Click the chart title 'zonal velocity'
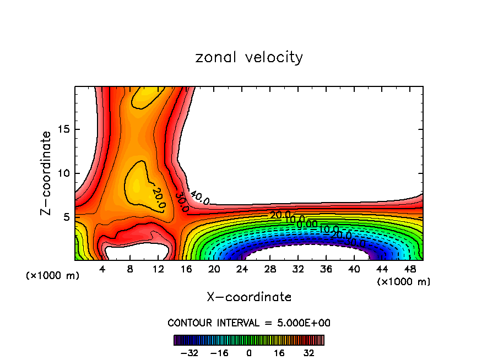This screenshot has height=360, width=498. tap(249, 57)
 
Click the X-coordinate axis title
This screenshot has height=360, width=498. tap(249, 297)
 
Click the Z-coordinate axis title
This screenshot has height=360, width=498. tap(47, 173)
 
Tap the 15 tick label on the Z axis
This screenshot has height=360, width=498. tap(64, 129)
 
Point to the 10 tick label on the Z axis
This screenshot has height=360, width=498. tap(64, 173)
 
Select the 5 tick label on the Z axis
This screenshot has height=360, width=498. tap(67, 217)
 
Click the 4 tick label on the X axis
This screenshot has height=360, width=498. tap(102, 269)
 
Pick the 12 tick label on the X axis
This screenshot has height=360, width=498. tap(158, 269)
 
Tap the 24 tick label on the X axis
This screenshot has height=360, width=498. tap(242, 269)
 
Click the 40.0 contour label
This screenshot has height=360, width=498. tap(199, 197)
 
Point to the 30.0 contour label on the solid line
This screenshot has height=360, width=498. tap(182, 202)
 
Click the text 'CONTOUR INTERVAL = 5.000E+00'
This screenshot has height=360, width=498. tap(249, 323)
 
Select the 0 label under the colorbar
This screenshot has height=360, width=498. tap(249, 353)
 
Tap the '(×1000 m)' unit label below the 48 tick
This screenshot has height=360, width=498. tap(404, 282)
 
